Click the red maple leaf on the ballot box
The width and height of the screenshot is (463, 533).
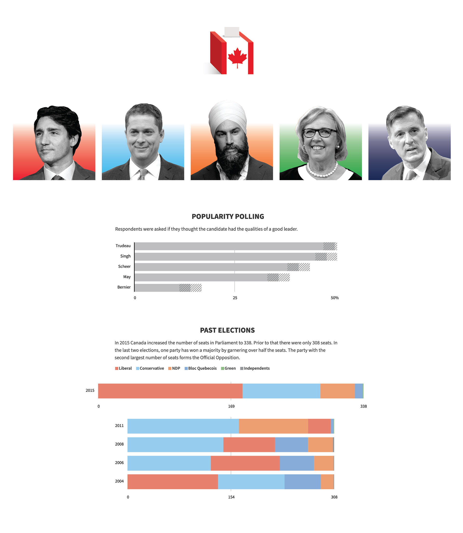click(237, 57)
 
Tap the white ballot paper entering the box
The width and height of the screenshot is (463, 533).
click(232, 32)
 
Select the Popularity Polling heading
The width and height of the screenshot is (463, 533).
click(228, 216)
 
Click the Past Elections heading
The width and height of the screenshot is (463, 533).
click(227, 330)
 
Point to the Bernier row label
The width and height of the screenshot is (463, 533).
click(124, 287)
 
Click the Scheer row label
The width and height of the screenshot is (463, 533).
click(124, 267)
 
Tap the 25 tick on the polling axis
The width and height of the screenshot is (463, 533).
click(235, 298)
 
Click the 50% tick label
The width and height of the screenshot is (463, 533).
click(335, 298)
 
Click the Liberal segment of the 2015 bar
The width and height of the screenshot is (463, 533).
click(170, 391)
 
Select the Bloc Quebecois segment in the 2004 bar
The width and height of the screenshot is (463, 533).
click(302, 482)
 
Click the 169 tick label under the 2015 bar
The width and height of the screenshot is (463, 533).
click(231, 406)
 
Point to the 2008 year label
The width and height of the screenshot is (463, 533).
click(119, 444)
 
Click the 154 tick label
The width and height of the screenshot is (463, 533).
click(231, 497)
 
